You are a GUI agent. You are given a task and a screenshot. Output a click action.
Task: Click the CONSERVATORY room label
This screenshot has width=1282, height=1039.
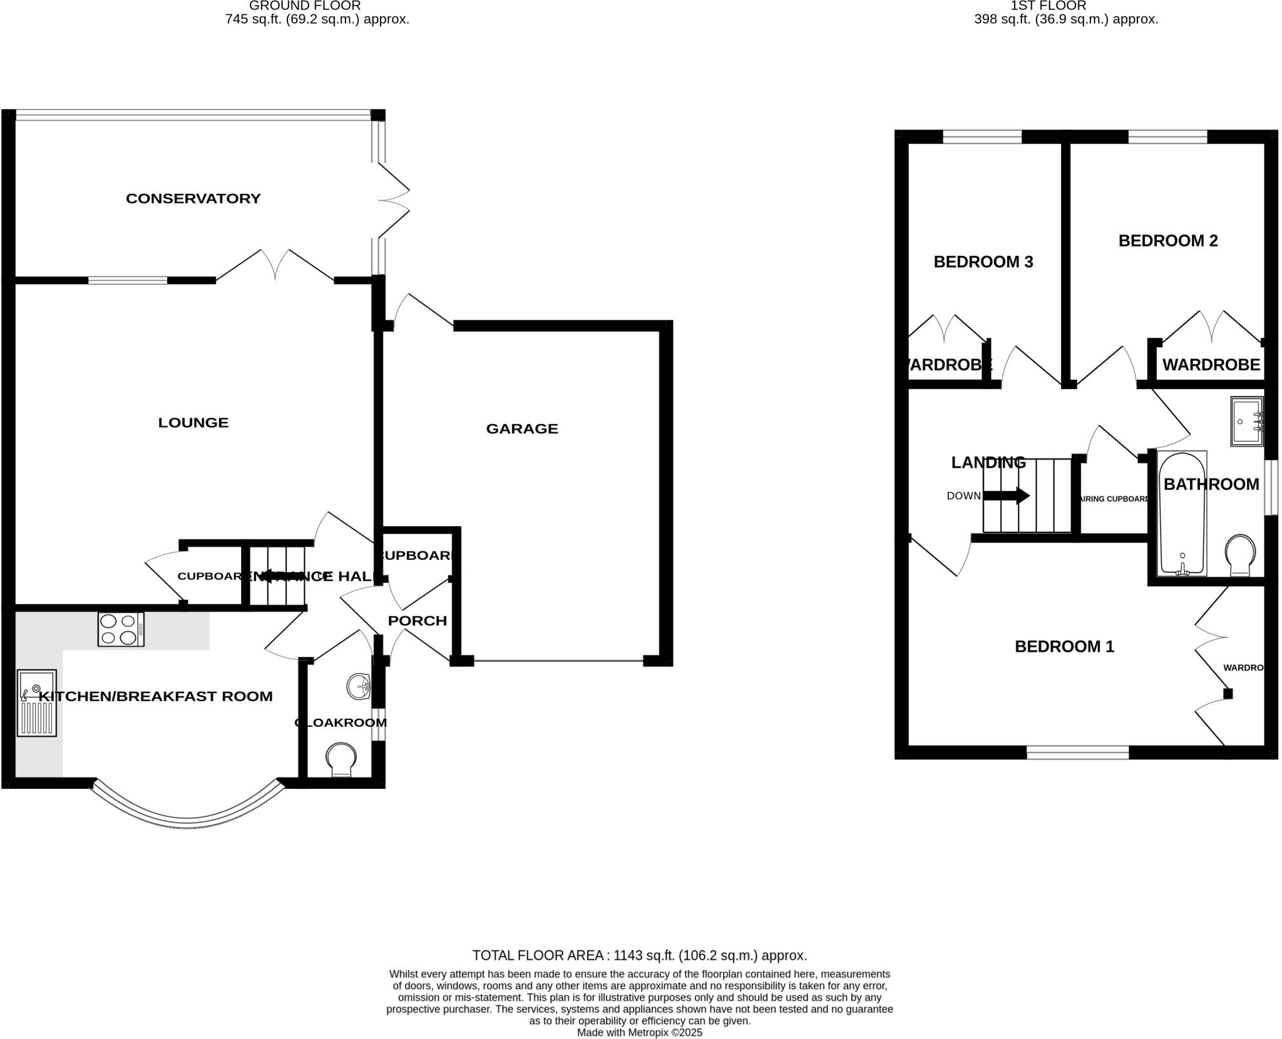coord(193,198)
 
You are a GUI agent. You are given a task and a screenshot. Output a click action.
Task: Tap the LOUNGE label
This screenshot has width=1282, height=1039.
coord(193,423)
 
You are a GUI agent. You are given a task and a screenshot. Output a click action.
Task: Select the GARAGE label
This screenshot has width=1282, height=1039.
coord(522,428)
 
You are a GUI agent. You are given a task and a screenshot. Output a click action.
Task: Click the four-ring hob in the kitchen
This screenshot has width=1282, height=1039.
coord(121,629)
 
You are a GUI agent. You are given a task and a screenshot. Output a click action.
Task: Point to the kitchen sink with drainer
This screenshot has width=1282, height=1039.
coord(37,703)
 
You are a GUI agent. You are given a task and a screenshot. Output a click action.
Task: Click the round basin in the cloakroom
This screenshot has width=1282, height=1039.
coord(359,686)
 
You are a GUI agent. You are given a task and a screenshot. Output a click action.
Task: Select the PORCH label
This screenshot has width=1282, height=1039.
coord(418,621)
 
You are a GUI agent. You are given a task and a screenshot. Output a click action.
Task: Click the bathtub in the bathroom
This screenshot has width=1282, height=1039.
coord(1182,513)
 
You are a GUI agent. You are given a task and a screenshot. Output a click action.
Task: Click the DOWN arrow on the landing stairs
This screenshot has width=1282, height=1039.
coord(1007,496)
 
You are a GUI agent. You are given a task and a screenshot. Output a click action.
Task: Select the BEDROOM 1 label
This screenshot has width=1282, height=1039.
coord(1064,646)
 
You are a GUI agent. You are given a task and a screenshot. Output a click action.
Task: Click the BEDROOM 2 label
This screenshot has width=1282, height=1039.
coord(1168,241)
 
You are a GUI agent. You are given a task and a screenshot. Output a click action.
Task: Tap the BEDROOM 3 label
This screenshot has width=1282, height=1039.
coord(983,261)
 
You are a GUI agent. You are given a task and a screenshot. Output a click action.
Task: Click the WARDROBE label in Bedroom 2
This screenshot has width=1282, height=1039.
coord(1211,365)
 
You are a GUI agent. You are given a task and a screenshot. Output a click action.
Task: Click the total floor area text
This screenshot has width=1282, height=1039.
coord(639,955)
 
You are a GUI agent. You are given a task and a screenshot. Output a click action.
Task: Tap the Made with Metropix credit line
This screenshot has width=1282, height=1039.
coord(639,1033)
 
